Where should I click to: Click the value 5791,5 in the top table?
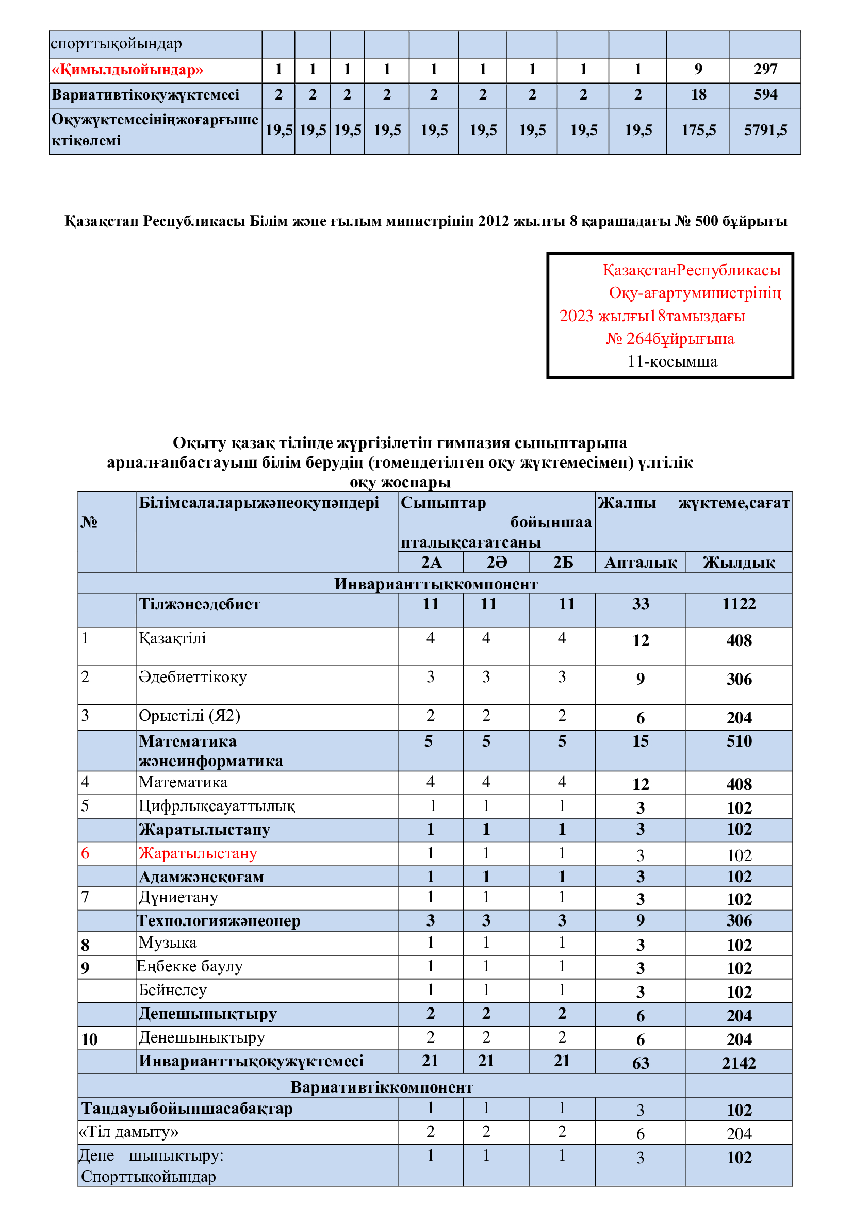pos(765,130)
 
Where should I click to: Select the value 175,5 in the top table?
pos(698,130)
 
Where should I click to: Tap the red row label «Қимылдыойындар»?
pos(127,69)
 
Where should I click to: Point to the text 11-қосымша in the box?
pos(672,361)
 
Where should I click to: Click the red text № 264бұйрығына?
pos(670,339)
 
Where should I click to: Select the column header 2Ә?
pos(496,563)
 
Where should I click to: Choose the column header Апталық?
pos(641,563)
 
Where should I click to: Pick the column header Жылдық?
pos(739,563)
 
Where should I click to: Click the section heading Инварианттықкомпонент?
pos(435,584)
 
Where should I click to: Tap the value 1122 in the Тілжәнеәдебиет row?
pos(739,604)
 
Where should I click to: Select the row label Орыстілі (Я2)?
pos(189,716)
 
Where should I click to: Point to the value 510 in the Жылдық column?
pos(739,741)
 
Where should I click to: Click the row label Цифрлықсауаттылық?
pos(217,806)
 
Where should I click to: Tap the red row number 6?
pos(85,853)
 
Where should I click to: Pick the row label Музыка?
pos(168,943)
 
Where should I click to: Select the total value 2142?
pos(739,1063)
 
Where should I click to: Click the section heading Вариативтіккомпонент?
pos(382,1087)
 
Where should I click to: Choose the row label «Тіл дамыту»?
pos(129,1131)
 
